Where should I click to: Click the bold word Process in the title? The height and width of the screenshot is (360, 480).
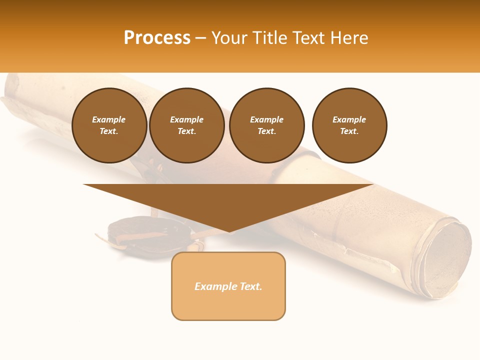[157, 38]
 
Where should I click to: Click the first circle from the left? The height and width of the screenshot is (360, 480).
[109, 125]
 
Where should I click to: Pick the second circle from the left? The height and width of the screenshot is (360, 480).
[186, 125]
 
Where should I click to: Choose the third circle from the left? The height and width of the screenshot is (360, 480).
[266, 125]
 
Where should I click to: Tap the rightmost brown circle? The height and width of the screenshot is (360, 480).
[349, 125]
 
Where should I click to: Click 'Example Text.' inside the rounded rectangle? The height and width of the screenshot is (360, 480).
[228, 286]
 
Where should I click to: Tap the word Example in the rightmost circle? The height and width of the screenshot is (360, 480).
[349, 119]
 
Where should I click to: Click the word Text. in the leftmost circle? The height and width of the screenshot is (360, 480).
[109, 131]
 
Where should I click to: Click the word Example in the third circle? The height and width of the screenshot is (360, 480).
[266, 119]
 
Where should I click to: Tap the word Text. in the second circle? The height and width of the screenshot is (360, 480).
[186, 131]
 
